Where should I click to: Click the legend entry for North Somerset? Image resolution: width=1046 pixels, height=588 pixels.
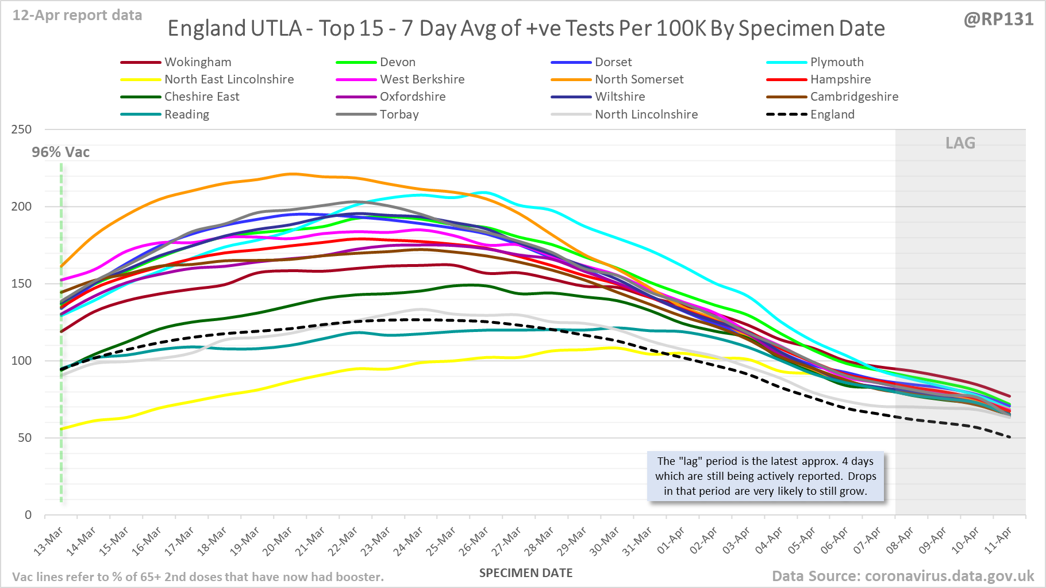point(639,79)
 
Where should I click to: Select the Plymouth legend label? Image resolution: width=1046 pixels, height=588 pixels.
point(836,62)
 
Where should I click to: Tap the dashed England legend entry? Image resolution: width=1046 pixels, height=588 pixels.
point(832,114)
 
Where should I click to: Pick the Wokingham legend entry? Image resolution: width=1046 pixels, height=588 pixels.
point(197,62)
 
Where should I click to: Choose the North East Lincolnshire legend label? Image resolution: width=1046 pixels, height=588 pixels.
point(229,79)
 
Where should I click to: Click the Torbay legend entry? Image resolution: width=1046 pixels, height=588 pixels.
point(399,114)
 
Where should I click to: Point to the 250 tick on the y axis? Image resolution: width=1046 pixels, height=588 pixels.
point(21,129)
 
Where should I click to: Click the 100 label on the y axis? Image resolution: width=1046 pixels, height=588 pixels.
point(21,361)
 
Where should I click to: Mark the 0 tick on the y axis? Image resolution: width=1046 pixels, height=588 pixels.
point(28,515)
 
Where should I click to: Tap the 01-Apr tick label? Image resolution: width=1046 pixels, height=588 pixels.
point(671,541)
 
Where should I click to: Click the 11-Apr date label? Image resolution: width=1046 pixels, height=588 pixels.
point(998,541)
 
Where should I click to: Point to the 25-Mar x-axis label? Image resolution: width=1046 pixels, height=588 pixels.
point(441,541)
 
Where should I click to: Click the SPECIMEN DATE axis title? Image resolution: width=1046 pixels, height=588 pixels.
point(526,573)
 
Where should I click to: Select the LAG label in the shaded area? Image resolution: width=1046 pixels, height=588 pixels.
point(960,143)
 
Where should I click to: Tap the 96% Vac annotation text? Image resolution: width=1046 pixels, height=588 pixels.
point(61,152)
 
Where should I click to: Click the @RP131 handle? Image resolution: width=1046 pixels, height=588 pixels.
point(998,20)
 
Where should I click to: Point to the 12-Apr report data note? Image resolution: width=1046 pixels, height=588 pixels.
point(77,16)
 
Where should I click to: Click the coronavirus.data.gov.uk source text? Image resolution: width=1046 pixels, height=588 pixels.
point(949,576)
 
